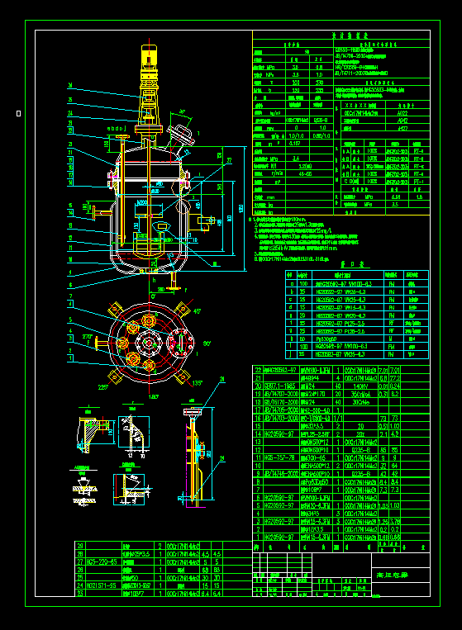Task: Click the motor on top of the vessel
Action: (x=149, y=63)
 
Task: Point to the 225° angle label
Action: (x=104, y=385)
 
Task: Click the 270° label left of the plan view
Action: (x=87, y=336)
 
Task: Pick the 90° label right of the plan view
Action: (x=207, y=343)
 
